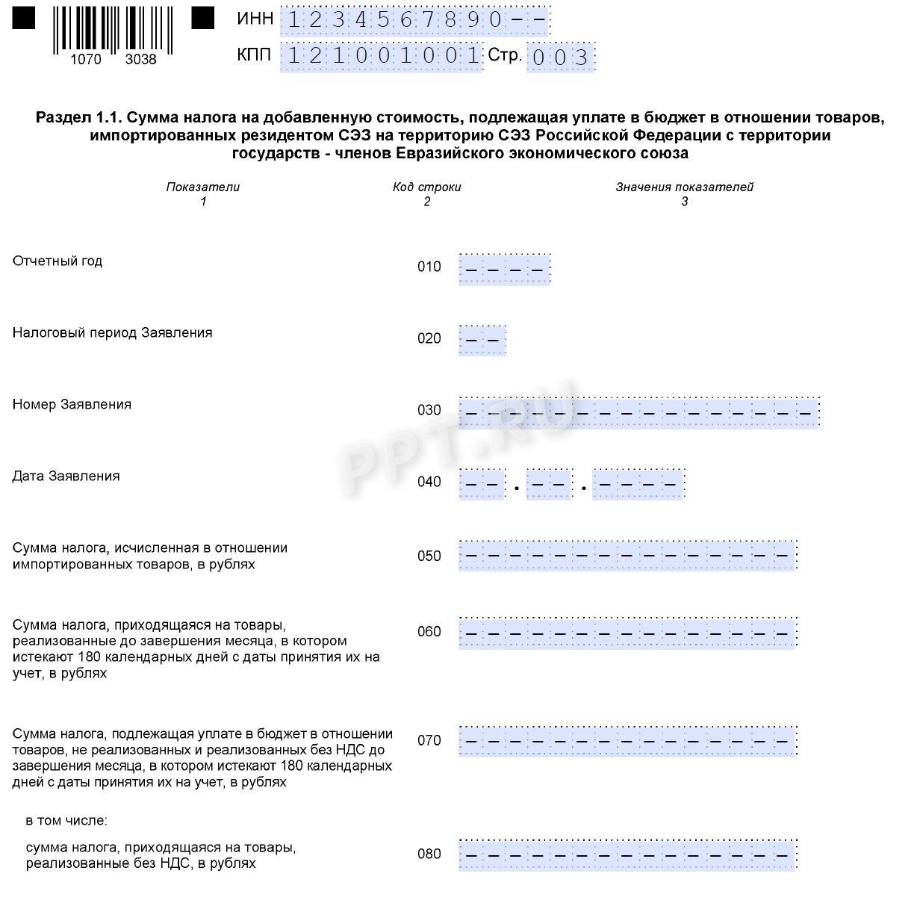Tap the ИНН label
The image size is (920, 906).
tap(255, 19)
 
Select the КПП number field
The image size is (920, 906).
tap(382, 56)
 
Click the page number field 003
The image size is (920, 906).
tap(560, 58)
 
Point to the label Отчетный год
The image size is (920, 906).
tap(57, 261)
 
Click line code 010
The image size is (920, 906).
tap(429, 267)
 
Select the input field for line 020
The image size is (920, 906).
tap(482, 341)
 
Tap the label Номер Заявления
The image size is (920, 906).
tap(72, 405)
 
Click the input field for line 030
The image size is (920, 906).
tap(638, 412)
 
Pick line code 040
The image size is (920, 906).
tap(429, 483)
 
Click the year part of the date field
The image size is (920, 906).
tap(638, 484)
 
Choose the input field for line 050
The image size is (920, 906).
tap(627, 555)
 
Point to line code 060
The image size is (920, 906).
tap(429, 633)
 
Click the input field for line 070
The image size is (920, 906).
tap(627, 741)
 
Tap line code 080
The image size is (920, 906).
tap(429, 854)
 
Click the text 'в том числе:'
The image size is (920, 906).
tap(66, 821)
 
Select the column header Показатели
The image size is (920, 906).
tap(203, 187)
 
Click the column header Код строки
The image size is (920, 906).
tap(427, 187)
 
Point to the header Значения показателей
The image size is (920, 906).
tap(684, 187)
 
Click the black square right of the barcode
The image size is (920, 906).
tap(203, 18)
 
